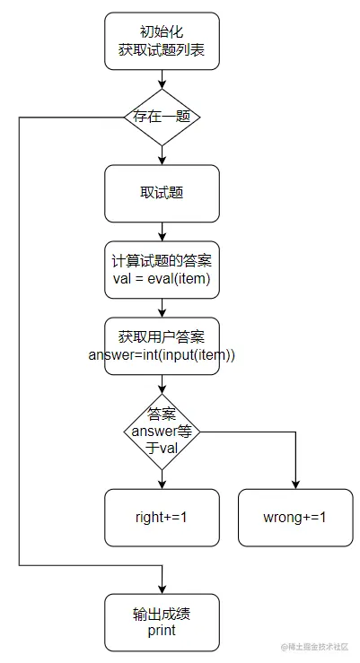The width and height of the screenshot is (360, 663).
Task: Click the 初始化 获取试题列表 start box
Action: click(162, 41)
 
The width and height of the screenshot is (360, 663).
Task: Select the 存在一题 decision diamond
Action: click(162, 118)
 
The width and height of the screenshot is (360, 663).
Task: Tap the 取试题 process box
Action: click(162, 193)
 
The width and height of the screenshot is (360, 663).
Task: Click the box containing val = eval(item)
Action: click(162, 269)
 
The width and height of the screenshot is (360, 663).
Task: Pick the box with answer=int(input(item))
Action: click(162, 345)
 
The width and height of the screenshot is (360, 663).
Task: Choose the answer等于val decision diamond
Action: click(162, 432)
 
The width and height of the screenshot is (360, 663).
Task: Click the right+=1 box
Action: click(162, 518)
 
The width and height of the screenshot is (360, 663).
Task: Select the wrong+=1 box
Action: click(294, 518)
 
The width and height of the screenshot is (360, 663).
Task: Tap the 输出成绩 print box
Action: click(162, 623)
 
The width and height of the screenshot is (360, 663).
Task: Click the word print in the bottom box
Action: click(162, 632)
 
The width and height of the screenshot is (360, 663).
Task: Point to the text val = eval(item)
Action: click(162, 278)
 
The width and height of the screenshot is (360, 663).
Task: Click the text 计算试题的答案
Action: click(162, 261)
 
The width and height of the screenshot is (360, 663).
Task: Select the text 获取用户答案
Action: click(162, 336)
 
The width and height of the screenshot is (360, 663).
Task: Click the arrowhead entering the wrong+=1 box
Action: click(294, 484)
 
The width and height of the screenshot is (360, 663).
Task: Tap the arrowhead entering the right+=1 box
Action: click(162, 484)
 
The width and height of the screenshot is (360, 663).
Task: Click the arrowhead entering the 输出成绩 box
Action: click(162, 589)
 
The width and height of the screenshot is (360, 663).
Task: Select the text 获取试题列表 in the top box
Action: click(162, 51)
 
